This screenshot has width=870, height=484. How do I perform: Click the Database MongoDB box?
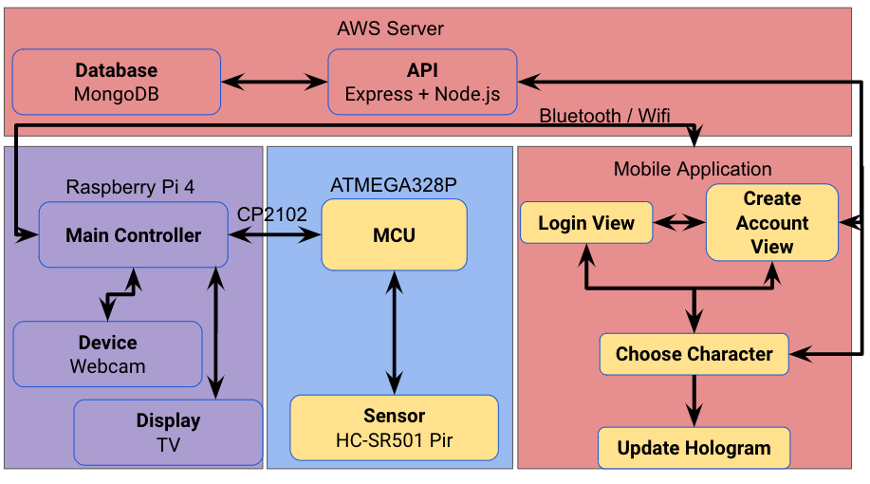pos(117,83)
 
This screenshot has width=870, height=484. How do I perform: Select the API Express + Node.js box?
pos(422,83)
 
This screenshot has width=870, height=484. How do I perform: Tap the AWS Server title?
pos(390,28)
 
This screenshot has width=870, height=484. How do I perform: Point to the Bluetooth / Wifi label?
pos(604,116)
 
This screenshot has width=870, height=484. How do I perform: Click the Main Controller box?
pos(134,235)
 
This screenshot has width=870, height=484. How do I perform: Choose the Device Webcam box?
pos(107,354)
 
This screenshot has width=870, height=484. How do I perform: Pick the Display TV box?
pos(168,433)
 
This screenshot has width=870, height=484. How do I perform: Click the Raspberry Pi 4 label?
pos(130,187)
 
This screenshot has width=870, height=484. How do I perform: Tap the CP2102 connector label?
pos(272,214)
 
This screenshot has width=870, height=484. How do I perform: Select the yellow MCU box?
pos(394,234)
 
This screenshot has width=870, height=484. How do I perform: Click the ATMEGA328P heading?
pos(389,183)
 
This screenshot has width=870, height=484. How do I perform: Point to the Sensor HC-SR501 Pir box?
pos(394,427)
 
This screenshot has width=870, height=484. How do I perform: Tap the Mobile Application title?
pos(693,169)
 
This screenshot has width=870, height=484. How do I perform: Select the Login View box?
pos(586,224)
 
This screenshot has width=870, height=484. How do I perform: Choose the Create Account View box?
pos(771,223)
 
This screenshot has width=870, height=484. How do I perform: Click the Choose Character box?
pos(694,354)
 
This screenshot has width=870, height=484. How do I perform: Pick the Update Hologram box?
pos(694,448)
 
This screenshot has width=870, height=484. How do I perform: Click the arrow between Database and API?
pos(274,83)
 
